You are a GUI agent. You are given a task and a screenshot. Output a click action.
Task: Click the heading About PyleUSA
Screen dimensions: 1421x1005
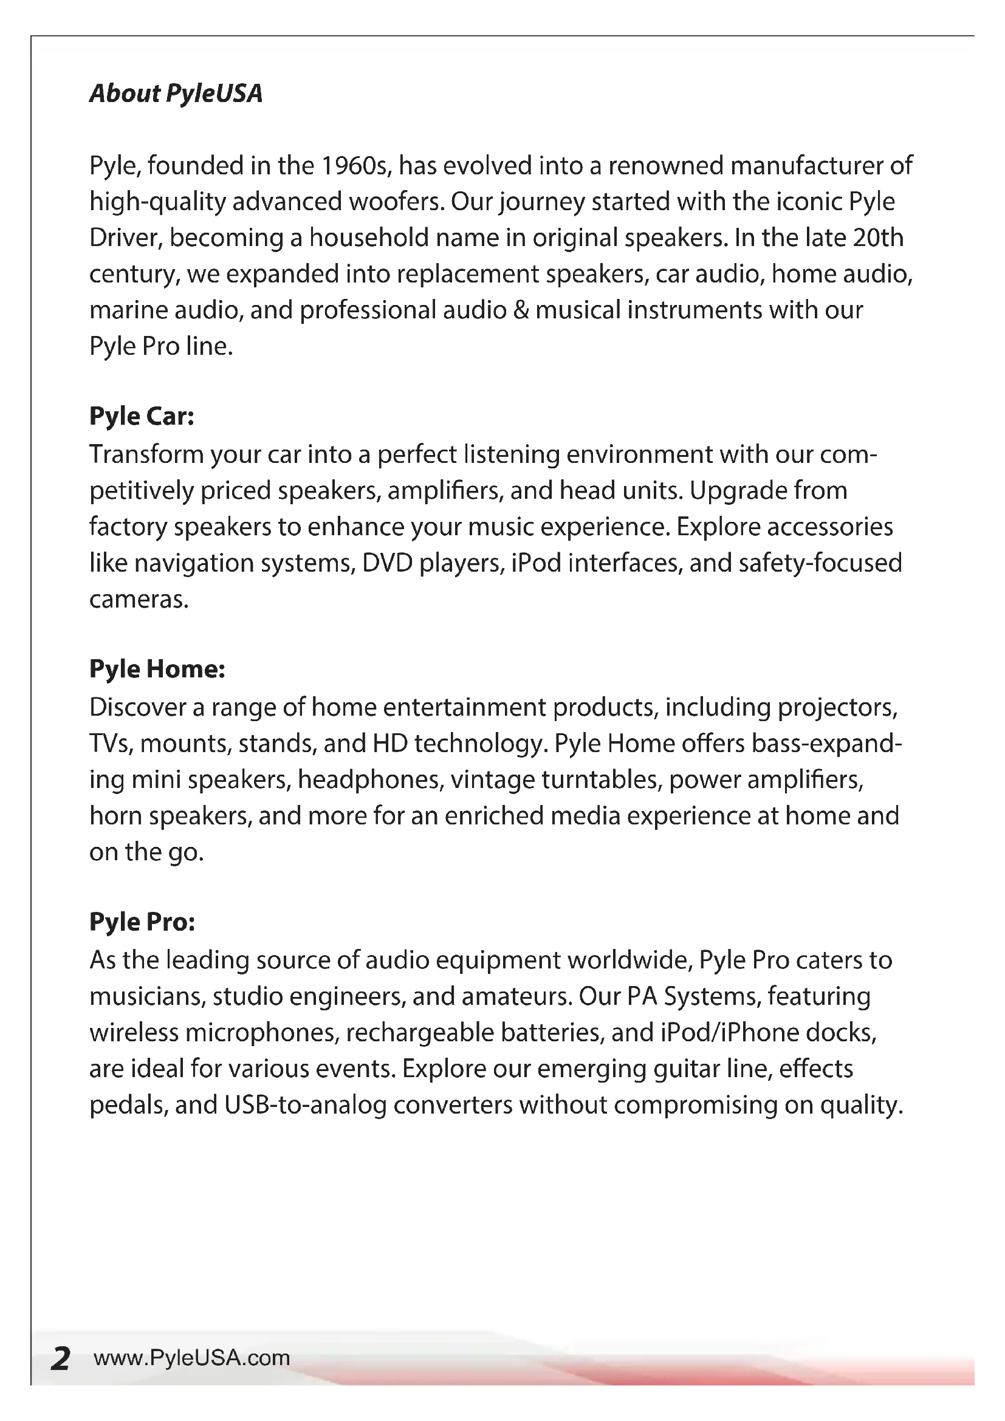click(x=176, y=94)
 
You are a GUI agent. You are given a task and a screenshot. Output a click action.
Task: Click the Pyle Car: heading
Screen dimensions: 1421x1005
click(x=142, y=416)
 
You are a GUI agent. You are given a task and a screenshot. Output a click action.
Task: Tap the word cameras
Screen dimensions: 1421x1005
click(x=138, y=599)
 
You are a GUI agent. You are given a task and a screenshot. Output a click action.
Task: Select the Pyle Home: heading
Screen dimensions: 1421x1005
click(x=157, y=669)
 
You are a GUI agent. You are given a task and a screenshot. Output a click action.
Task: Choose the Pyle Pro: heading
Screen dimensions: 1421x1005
click(x=142, y=922)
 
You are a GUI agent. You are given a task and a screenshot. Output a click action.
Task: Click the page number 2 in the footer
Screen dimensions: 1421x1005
click(x=60, y=1358)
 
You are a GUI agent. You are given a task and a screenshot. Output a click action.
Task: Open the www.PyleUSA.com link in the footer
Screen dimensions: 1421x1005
click(x=192, y=1358)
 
